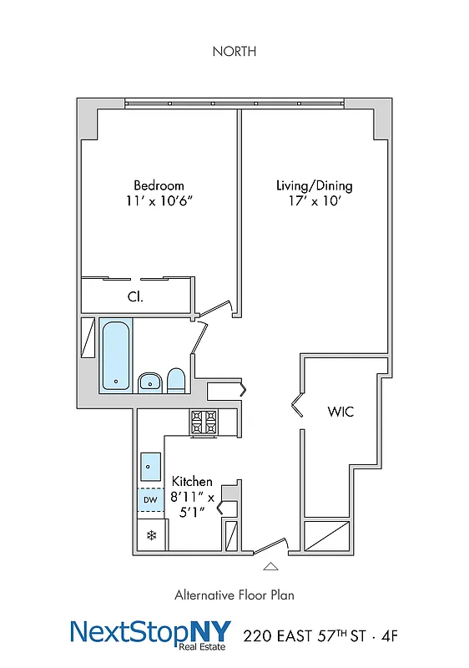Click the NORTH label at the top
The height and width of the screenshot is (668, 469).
pos(234,52)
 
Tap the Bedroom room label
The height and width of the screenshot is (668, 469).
pos(159,185)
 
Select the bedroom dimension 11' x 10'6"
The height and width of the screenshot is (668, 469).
pos(159,201)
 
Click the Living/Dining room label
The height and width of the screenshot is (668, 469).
pos(314,185)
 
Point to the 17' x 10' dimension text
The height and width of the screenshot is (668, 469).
pos(314,201)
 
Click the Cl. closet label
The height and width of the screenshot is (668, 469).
pos(134,296)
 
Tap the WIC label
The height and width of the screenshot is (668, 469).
pos(340,412)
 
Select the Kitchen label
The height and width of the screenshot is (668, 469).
pos(192,482)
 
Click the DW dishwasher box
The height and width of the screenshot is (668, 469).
pos(150,500)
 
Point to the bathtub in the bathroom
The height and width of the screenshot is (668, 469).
pos(116,356)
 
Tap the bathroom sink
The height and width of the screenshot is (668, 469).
pos(149,382)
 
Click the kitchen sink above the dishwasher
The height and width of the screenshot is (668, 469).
pos(151,463)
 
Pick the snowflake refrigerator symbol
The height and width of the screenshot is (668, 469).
pos(151,535)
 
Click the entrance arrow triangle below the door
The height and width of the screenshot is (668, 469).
pos(270,566)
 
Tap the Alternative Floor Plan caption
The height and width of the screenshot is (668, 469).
pos(234,595)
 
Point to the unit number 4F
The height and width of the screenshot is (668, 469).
pos(389,636)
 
